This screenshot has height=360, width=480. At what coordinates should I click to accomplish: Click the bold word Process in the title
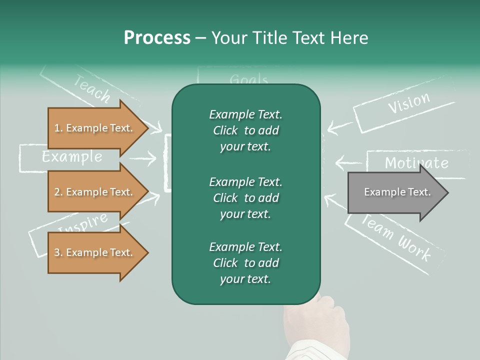pos(157,38)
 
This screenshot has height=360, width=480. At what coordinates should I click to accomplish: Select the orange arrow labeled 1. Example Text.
pos(93,128)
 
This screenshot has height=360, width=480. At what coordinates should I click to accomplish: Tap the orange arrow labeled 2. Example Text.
pos(93,192)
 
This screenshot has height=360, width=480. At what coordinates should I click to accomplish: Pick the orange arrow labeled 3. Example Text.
pos(93,252)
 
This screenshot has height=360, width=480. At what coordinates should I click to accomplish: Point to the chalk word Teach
pos(92,88)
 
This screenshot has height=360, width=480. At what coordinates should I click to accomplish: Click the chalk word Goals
pos(248,80)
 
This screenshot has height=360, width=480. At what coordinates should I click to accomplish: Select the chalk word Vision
pos(408,103)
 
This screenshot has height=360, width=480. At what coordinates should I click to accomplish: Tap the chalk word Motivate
pos(416,162)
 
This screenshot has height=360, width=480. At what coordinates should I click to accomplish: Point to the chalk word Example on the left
pos(72,157)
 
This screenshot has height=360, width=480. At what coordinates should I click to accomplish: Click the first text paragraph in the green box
pos(245,130)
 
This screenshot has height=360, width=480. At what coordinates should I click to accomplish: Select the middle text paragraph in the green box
pos(245,198)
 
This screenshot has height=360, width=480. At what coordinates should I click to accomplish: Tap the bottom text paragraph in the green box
pos(245,263)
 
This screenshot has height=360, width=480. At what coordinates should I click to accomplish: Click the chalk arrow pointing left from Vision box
pos(339,125)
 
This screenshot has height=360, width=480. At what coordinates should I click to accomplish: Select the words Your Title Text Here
pos(290,38)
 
